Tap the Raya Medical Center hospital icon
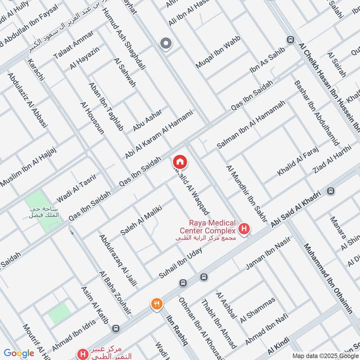pos(244,229)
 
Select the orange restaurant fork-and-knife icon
pos(157,304)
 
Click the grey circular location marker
pos(166,44)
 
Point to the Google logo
pos(18,353)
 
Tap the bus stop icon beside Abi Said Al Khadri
pos(331,191)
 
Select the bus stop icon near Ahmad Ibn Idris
pos(117,328)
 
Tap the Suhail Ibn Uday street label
pos(180,262)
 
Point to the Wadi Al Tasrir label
pos(74,193)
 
